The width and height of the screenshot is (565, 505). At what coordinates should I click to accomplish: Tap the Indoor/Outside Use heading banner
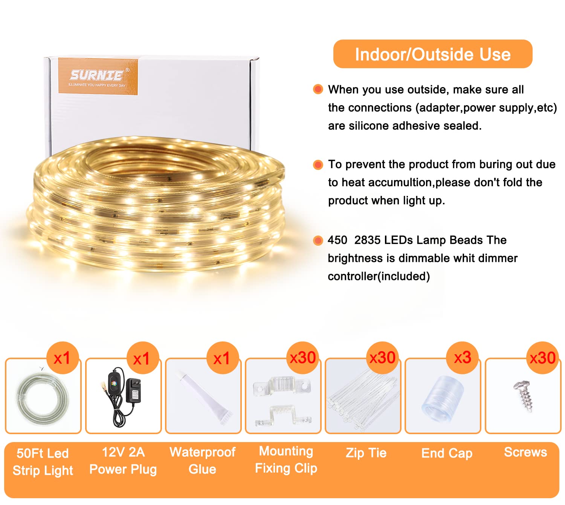pos(433,54)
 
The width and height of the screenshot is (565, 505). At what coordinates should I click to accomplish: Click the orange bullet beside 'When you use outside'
pos(318,89)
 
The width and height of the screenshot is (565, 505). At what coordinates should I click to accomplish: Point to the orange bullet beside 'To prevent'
pos(318,165)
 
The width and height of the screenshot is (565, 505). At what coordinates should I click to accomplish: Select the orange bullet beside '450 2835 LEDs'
pos(318,240)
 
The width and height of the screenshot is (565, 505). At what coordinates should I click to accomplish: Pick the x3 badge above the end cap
pos(462,358)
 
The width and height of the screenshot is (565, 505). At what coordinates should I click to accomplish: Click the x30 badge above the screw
pos(542,358)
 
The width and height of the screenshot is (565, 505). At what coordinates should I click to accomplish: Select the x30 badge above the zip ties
pos(382,358)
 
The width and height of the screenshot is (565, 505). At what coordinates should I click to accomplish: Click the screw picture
pos(524,396)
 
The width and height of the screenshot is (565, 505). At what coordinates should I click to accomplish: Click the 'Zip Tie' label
pos(366,453)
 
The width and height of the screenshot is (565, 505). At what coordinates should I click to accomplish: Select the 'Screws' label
pos(525,452)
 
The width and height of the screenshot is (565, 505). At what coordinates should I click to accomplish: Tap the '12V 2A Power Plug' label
pos(123,461)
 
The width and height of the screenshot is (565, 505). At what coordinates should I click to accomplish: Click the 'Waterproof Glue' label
pos(203,461)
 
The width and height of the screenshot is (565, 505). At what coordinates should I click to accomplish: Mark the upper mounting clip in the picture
pos(282,386)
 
